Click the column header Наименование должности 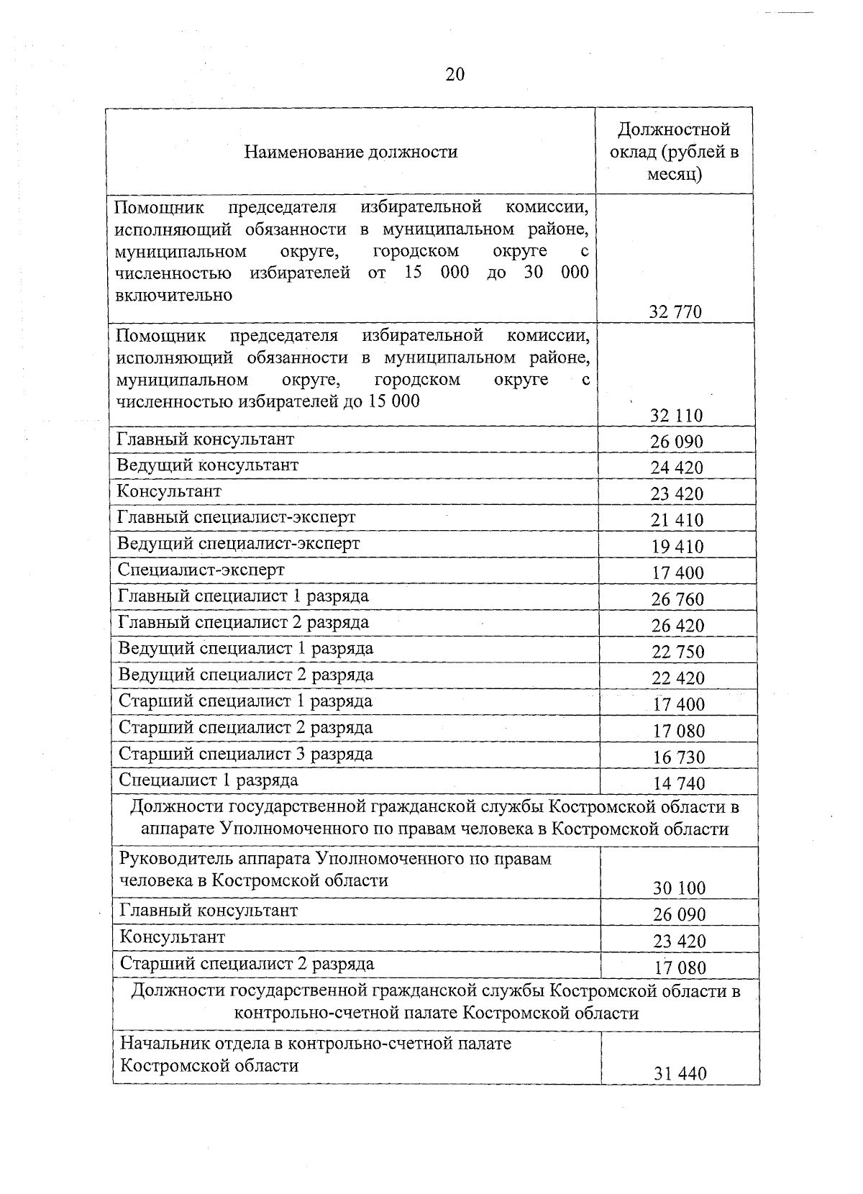[350, 152]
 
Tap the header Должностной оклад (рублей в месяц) [674, 152]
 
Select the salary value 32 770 [675, 312]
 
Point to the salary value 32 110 [676, 416]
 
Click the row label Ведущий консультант [208, 465]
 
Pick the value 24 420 [677, 468]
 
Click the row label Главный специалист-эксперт [237, 518]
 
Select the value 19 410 [677, 547]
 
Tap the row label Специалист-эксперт [201, 570]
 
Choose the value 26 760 [677, 599]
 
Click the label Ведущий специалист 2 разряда [246, 675]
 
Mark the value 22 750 [678, 652]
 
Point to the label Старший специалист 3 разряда [246, 755]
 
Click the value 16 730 [679, 757]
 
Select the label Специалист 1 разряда [209, 780]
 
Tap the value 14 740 [679, 783]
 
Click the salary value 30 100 [679, 888]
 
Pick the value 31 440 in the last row [680, 1074]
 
